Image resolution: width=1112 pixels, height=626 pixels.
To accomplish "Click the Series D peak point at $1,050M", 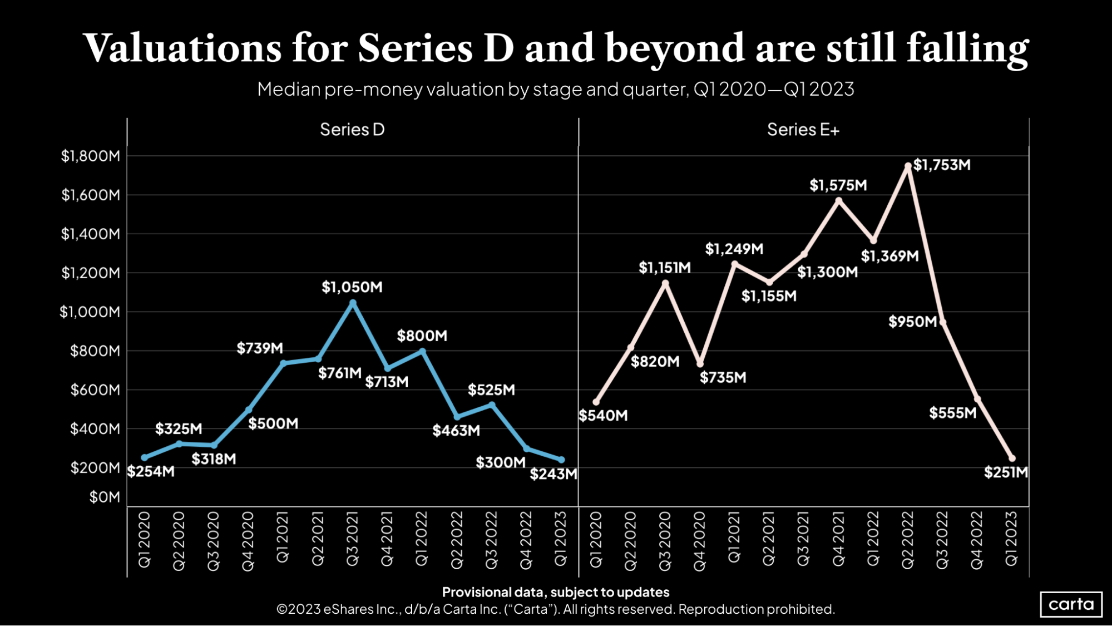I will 353,303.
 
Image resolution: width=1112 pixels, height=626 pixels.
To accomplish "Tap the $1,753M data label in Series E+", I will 942,165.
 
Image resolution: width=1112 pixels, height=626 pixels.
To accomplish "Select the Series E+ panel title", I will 803,130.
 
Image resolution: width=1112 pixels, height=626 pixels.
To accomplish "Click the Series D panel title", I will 352,130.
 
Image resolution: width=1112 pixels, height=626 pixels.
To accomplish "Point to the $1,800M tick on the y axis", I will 91,156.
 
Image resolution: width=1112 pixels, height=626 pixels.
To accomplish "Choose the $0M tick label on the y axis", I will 105,497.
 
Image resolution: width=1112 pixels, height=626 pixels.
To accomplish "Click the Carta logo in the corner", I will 1071,604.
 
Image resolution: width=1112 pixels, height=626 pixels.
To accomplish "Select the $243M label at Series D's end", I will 553,474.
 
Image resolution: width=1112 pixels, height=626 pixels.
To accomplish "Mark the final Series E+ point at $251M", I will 1012,459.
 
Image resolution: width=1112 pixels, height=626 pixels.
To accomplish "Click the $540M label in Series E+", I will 603,416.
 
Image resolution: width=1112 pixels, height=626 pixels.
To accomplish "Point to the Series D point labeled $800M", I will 422,352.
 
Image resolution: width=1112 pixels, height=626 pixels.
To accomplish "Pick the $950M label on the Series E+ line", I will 912,322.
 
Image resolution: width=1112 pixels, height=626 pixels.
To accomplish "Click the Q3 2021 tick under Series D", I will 353,539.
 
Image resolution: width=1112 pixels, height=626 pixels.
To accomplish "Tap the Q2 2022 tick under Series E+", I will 908,540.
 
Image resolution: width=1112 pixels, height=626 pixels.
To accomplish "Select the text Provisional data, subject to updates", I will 556,592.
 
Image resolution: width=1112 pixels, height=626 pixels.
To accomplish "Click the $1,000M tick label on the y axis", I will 90,312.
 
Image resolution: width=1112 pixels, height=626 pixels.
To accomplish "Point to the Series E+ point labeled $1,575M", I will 838,201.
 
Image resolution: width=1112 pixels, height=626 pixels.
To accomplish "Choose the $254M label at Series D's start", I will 151,472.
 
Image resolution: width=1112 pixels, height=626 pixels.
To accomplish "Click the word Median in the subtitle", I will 289,89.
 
